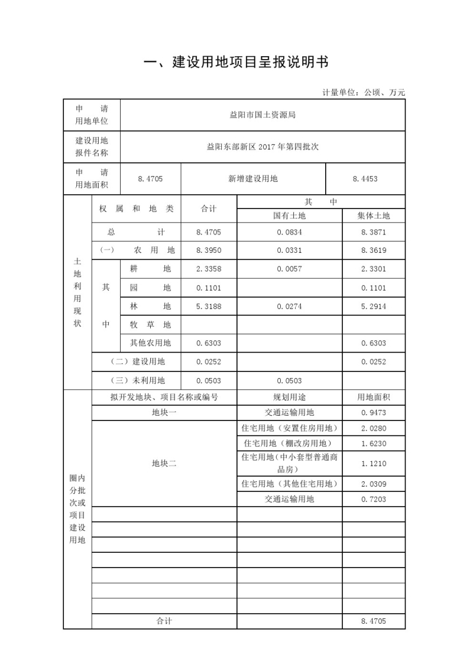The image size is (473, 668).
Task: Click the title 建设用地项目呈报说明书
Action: click(x=236, y=62)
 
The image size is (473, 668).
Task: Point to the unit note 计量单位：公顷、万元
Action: click(x=364, y=92)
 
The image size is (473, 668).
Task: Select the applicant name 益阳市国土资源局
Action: click(x=263, y=115)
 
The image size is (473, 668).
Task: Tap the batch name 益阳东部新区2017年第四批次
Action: click(x=263, y=146)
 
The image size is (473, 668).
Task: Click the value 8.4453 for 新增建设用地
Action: click(x=365, y=178)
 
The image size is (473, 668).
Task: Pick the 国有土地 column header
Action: click(x=289, y=216)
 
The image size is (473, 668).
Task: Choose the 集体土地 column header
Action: click(x=374, y=216)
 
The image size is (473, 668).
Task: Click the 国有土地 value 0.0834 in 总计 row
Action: click(x=289, y=233)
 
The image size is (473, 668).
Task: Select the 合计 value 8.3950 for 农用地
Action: click(x=209, y=250)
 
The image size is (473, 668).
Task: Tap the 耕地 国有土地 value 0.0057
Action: click(x=289, y=269)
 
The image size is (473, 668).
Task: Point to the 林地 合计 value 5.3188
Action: click(x=209, y=306)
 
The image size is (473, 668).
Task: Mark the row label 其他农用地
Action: click(x=151, y=343)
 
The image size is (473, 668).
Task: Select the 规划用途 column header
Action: click(x=289, y=397)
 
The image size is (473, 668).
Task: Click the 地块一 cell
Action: click(x=164, y=413)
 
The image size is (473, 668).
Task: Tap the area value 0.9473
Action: click(x=374, y=413)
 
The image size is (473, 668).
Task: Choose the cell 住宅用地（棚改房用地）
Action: click(x=289, y=444)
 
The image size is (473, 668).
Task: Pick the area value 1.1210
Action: click(x=374, y=464)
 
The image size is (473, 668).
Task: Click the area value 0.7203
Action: click(x=374, y=500)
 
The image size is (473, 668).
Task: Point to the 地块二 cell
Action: click(x=164, y=464)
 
